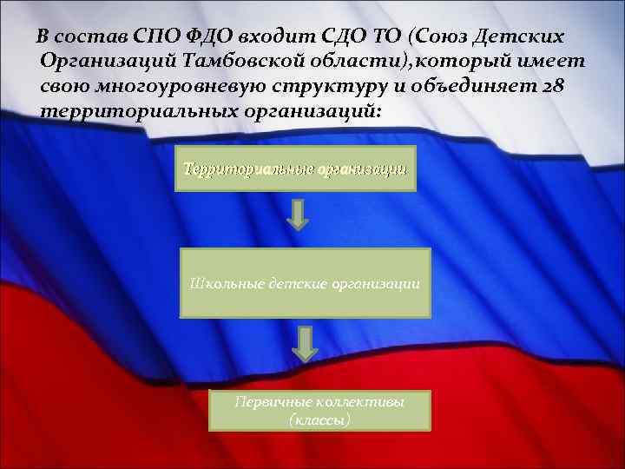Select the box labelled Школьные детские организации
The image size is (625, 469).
click(305, 283)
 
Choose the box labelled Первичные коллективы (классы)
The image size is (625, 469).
click(321, 410)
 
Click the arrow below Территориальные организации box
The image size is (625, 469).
click(298, 215)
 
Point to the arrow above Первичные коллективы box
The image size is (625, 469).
click(303, 344)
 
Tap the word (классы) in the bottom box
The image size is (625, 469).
click(320, 419)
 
